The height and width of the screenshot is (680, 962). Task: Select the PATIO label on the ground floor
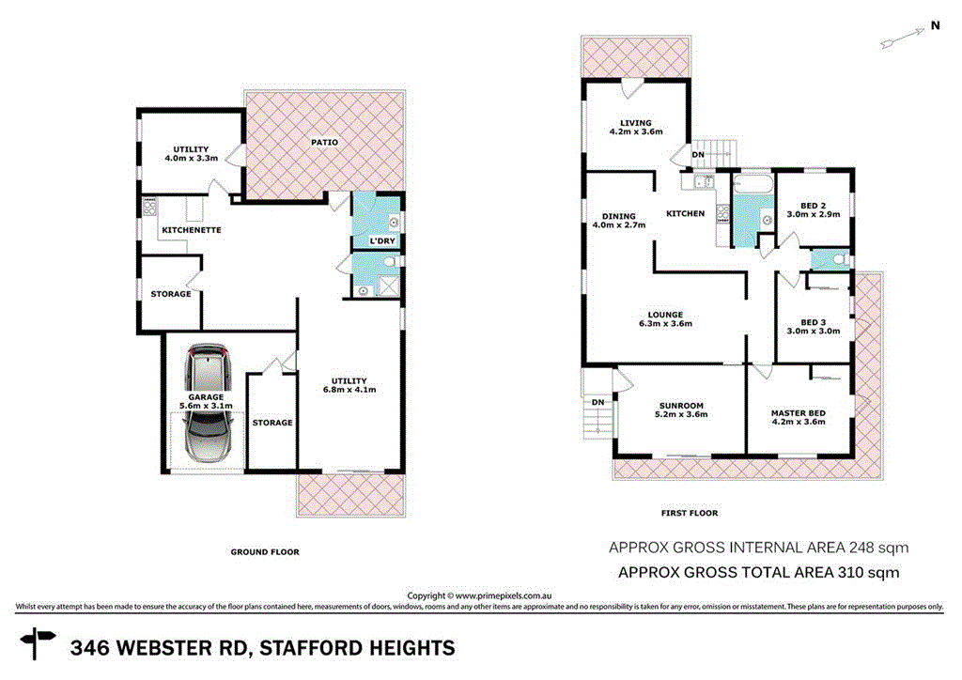pos(325,142)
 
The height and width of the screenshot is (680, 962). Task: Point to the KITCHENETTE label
pos(191,230)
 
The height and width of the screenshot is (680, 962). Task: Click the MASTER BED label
pos(798,412)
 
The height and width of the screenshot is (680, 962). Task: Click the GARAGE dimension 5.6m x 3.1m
pos(206,407)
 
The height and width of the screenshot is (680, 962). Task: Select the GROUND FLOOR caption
pos(264,552)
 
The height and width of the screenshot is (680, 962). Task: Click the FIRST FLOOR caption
pos(690,513)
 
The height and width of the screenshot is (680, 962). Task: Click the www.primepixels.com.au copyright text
pos(500,595)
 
